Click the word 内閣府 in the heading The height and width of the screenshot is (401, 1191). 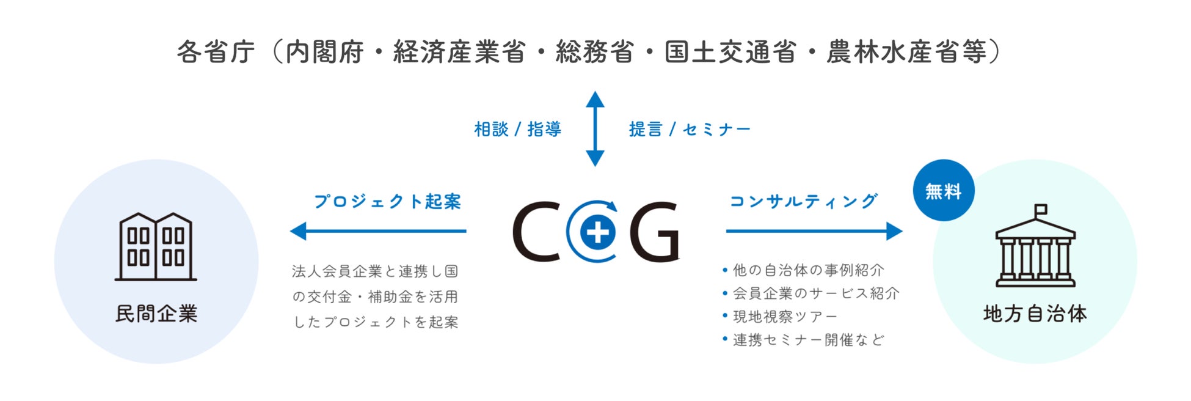(x=324, y=53)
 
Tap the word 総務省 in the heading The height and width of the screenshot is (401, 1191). (x=594, y=53)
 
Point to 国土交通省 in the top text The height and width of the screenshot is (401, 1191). (x=730, y=53)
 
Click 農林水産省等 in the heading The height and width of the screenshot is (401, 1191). (x=906, y=53)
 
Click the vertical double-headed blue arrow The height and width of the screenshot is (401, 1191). (x=595, y=129)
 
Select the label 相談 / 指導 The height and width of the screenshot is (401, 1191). (x=517, y=130)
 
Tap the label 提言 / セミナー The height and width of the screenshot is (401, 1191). (x=690, y=130)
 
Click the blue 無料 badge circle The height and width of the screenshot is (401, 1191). (x=943, y=191)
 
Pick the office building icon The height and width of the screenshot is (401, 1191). (x=156, y=247)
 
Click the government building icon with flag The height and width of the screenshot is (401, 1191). (x=1035, y=247)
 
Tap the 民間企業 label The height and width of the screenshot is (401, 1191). (x=156, y=314)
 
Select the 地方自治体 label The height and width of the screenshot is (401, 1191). (x=1035, y=314)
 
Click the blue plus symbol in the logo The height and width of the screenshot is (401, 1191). (x=597, y=232)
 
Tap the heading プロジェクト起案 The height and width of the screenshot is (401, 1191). (x=387, y=202)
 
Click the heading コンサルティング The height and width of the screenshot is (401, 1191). (x=804, y=201)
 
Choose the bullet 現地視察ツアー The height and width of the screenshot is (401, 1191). (x=784, y=317)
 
